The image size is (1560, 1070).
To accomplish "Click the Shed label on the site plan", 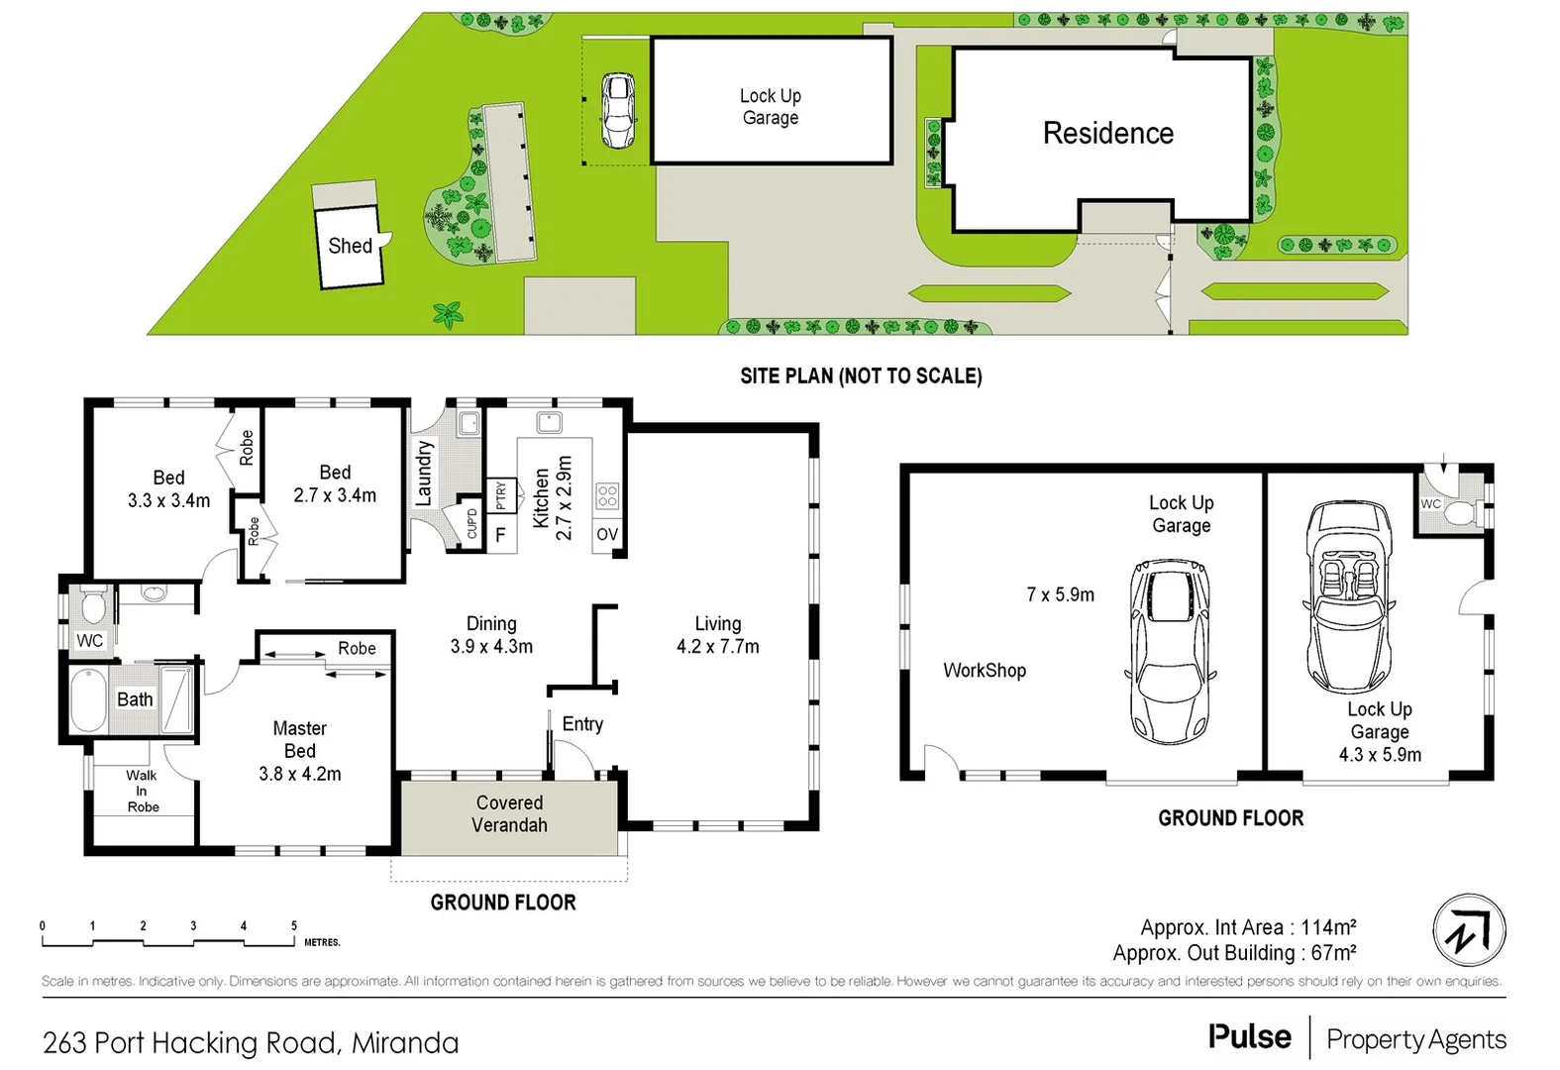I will pos(350,246).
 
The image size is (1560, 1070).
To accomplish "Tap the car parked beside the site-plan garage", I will pos(618,110).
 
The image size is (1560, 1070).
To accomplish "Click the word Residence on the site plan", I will pos(1107,134).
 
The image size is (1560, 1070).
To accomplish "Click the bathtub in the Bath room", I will pos(88,700).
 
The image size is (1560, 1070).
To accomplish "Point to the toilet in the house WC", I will pos(93,605).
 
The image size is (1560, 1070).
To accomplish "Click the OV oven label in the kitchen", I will pos(606,535).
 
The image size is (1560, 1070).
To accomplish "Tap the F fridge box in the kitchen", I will pos(500,535).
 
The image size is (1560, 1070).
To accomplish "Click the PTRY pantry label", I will pos(501,495).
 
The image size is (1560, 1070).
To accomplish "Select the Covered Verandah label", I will pos(509,813).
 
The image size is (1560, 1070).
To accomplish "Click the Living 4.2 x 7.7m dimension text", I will pos(717,647).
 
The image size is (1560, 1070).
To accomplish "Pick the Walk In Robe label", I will pos(143,791).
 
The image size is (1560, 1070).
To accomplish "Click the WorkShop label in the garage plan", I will pos(984,671).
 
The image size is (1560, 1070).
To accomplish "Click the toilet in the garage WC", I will pos(1460,512).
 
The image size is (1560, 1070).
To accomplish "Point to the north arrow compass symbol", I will pos(1469,930).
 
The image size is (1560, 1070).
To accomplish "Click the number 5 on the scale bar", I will pos(293,925).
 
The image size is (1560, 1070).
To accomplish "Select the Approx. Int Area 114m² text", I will pos(1247,927).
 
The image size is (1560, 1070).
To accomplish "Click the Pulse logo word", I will pos(1249,1037).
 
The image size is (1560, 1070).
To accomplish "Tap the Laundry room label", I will pos(424,473).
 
